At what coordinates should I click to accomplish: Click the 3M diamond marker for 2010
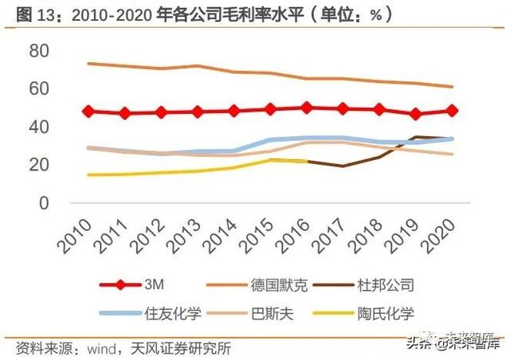click(88, 112)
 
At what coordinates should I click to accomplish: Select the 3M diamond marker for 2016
click(306, 108)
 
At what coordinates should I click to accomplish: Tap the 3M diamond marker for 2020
click(452, 111)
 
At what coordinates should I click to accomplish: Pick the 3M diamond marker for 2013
click(198, 112)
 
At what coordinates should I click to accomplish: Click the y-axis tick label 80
click(39, 51)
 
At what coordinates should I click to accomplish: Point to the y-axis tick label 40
click(39, 127)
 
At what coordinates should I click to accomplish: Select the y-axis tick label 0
click(45, 203)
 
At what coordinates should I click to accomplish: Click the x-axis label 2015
click(255, 236)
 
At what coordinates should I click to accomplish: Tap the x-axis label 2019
click(401, 236)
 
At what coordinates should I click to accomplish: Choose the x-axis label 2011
click(110, 236)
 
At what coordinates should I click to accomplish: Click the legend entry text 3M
click(154, 284)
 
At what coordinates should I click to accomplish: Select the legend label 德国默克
click(279, 285)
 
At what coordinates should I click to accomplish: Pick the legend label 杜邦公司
click(386, 285)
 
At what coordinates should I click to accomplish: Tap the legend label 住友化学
click(173, 314)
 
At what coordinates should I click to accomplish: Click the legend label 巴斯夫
click(273, 314)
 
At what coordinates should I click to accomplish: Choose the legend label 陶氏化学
click(386, 314)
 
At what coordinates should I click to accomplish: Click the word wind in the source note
click(101, 349)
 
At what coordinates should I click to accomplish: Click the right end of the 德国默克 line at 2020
click(452, 87)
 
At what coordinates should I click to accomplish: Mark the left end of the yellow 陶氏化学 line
click(88, 175)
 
